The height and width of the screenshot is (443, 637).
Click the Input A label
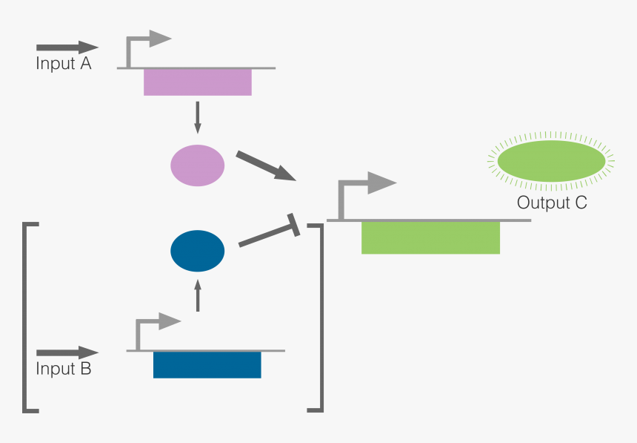[x=64, y=64]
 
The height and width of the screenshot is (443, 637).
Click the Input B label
[x=64, y=368]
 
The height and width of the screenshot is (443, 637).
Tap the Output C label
[x=552, y=203]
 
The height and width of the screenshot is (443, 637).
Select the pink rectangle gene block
[x=198, y=82]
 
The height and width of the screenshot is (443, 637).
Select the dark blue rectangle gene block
[x=207, y=364]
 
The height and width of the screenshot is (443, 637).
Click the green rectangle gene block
[x=430, y=237]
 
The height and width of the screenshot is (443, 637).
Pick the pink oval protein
[x=198, y=165]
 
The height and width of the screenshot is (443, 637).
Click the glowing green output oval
[x=551, y=161]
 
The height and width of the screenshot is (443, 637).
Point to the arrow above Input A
[x=67, y=48]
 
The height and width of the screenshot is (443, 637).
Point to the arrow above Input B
[x=67, y=352]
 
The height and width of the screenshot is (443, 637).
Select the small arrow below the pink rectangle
[x=197, y=117]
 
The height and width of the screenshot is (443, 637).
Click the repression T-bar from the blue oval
[x=270, y=234]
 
